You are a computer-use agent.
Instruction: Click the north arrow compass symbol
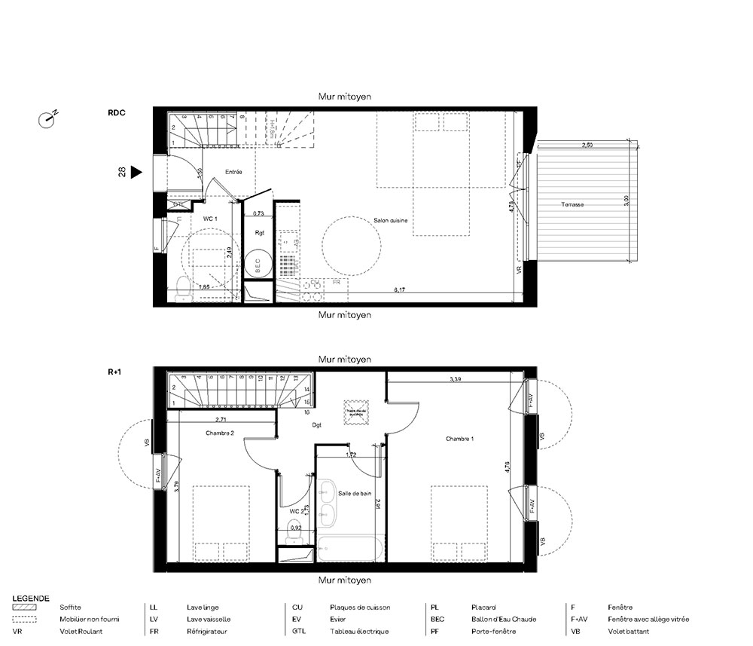pos(47,118)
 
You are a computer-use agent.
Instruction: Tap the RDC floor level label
pos(117,113)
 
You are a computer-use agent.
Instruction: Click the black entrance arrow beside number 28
pos(136,172)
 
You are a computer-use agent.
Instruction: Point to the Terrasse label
pos(573,205)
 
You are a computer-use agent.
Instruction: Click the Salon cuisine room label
pos(391,220)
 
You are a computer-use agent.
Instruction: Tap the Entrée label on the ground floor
pos(233,173)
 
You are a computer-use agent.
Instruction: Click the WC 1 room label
pos(210,219)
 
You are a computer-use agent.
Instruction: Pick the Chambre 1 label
pos(459,439)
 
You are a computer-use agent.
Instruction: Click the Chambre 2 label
pos(219,433)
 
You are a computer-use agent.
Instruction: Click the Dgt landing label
pos(317,425)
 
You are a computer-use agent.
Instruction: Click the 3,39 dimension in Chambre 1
pos(456,379)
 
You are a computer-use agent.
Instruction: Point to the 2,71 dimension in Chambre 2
pos(221,419)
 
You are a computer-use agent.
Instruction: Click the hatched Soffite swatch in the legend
pos(25,607)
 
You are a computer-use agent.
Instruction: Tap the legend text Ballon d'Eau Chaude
pos(504,619)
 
